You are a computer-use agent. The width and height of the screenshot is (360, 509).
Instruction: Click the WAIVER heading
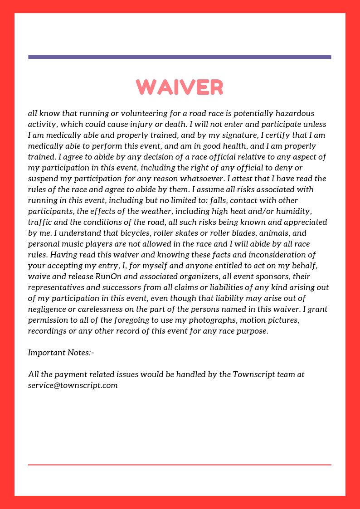[180, 87]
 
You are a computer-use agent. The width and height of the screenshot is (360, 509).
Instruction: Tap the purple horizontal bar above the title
[180, 57]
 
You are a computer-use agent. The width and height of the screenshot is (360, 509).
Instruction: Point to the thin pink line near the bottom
[180, 465]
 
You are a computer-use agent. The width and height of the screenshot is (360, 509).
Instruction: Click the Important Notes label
[61, 353]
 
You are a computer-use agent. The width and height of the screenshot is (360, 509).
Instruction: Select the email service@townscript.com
[73, 385]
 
